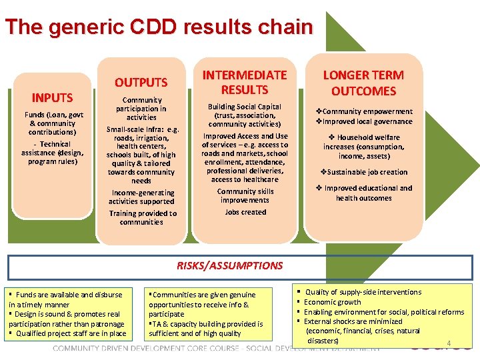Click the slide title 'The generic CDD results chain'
click(x=159, y=27)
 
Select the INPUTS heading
click(x=52, y=98)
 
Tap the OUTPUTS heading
click(x=141, y=83)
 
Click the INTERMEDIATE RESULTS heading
click(x=245, y=83)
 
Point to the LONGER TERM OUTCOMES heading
click(x=363, y=83)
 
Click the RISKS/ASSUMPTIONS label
click(x=229, y=265)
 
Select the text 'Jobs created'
click(x=245, y=212)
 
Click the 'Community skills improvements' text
click(x=245, y=196)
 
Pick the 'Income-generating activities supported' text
click(x=141, y=197)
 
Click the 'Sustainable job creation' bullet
click(x=363, y=172)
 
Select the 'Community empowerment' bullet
click(x=363, y=111)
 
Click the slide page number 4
click(x=449, y=344)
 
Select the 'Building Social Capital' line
click(x=245, y=107)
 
